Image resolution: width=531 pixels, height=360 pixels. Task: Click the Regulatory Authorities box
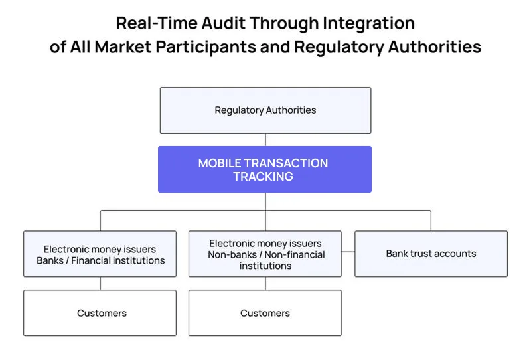(x=265, y=110)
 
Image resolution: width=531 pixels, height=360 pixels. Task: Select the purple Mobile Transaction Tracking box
(x=264, y=169)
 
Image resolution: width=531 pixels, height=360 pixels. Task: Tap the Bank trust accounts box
(x=431, y=254)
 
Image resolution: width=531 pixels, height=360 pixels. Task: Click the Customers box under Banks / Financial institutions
(x=100, y=313)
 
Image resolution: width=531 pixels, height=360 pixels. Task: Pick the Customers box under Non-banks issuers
(x=265, y=313)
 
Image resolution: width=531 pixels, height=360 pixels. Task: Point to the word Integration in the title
(x=369, y=23)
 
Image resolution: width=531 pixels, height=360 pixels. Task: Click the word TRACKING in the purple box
(x=263, y=177)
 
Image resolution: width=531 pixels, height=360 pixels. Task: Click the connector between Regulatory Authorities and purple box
(x=265, y=139)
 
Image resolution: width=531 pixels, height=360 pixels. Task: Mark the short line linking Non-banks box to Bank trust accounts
(x=348, y=252)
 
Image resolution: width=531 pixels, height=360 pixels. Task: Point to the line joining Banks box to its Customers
(x=100, y=283)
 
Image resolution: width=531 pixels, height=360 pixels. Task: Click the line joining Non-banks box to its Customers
(x=265, y=283)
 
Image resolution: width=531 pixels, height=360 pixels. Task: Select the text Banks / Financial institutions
(x=100, y=260)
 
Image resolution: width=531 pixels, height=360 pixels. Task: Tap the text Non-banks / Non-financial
(x=265, y=254)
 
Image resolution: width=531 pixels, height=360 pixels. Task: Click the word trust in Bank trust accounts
(x=422, y=254)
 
